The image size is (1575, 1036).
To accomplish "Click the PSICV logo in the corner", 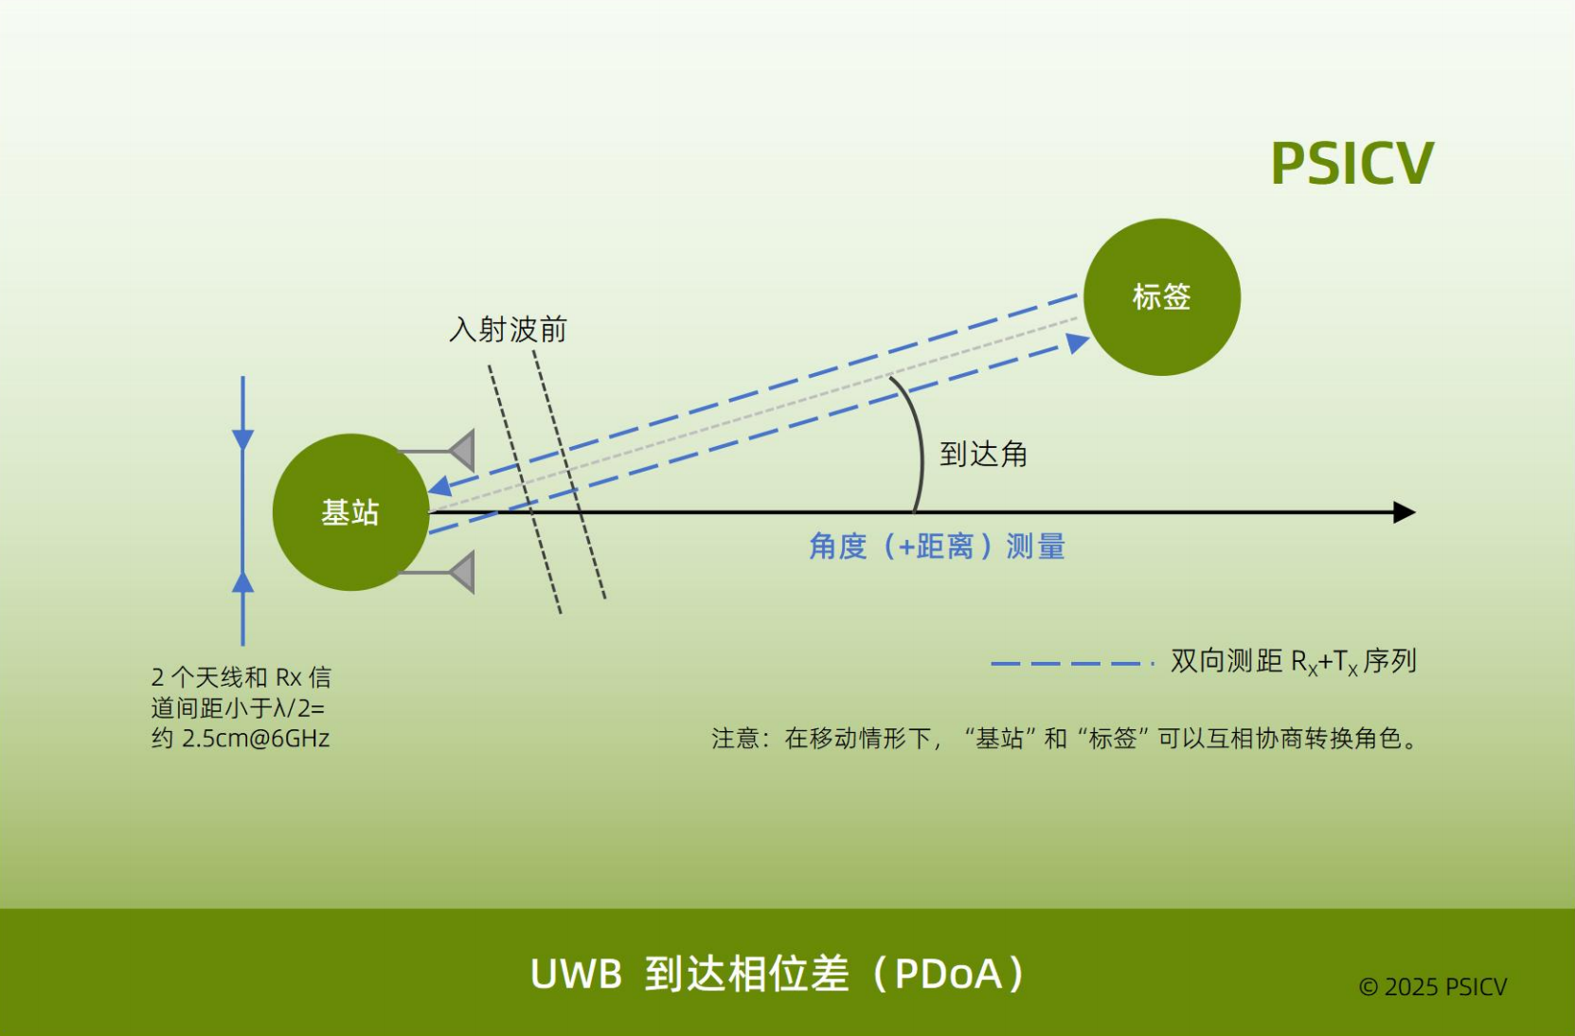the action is point(1351,164).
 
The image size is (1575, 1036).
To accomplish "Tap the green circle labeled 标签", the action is point(1161,296).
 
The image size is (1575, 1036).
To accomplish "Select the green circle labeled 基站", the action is point(350,512).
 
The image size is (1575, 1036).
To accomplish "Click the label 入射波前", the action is point(508,330).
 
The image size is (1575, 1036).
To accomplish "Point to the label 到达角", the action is point(983,455).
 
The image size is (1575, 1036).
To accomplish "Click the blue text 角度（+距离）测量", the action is point(937,546).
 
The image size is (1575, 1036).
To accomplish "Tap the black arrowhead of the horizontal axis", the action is point(1405,512).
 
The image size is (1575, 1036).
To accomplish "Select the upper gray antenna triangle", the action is point(462,451).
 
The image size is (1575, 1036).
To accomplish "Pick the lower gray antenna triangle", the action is point(462,573).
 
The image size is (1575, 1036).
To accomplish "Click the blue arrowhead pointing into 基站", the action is point(439,487).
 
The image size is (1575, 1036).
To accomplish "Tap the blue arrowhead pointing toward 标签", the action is point(1077,343).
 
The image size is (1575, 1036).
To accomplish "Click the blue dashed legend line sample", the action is point(1070,663).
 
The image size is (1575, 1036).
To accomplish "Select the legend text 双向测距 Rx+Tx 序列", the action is point(1293,661).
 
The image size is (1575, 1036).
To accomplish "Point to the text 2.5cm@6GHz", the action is point(255,739).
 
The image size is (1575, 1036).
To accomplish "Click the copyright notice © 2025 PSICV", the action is point(1432,987).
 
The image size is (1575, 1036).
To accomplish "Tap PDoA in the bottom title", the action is point(947,973).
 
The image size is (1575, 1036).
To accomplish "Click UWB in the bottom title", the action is point(576,973).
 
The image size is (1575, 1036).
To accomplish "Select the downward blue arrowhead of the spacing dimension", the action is point(243,440).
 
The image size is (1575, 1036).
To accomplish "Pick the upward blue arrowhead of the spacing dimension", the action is point(243,581).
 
